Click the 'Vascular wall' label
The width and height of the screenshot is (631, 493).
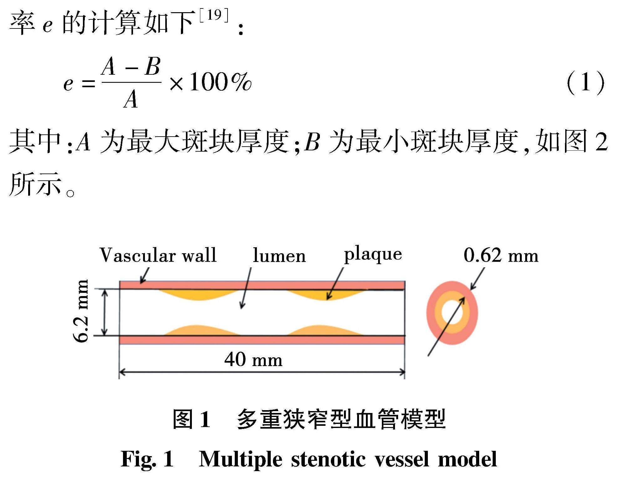pos(158,256)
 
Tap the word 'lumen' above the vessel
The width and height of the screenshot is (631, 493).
pos(279,256)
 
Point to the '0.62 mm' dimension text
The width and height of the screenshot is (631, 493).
pos(501,255)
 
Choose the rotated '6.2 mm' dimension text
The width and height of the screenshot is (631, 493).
pos(81,311)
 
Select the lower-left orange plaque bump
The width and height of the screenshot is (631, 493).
pos(200,331)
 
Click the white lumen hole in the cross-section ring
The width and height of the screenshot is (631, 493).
pos(452,313)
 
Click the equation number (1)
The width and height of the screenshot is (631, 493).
pos(585,83)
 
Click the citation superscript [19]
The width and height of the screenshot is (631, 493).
pos(214,15)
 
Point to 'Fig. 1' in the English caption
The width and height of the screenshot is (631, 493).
pos(147,459)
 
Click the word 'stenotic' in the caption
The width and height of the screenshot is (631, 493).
pos(328,459)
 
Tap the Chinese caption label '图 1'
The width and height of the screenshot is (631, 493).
pos(191,419)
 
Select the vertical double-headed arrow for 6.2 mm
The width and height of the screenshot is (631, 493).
pos(105,312)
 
